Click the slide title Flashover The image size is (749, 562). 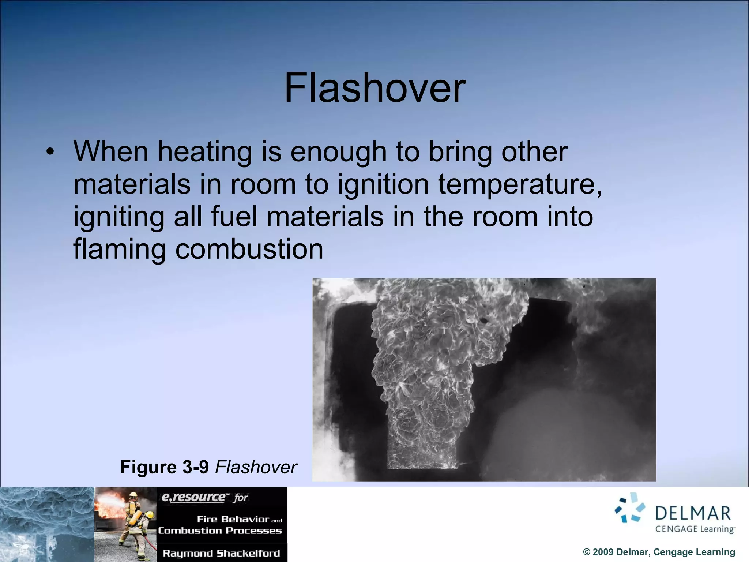click(x=375, y=88)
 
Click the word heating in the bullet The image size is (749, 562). click(x=205, y=152)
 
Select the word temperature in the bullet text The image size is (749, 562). click(x=520, y=185)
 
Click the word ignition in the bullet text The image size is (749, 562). click(x=383, y=185)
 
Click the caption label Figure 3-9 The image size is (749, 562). click(x=164, y=467)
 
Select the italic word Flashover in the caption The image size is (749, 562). click(x=256, y=467)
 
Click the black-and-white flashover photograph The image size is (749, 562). click(x=484, y=379)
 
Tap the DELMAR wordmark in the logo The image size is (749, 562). click(x=693, y=513)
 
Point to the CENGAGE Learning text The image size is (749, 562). click(x=695, y=529)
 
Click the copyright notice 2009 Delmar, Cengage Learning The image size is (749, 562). click(x=659, y=552)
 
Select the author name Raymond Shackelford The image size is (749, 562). click(x=221, y=553)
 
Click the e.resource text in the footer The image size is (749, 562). click(x=194, y=497)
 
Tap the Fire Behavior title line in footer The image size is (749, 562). click(x=234, y=519)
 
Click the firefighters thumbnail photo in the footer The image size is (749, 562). click(x=125, y=524)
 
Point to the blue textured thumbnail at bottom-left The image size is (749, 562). click(x=47, y=524)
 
